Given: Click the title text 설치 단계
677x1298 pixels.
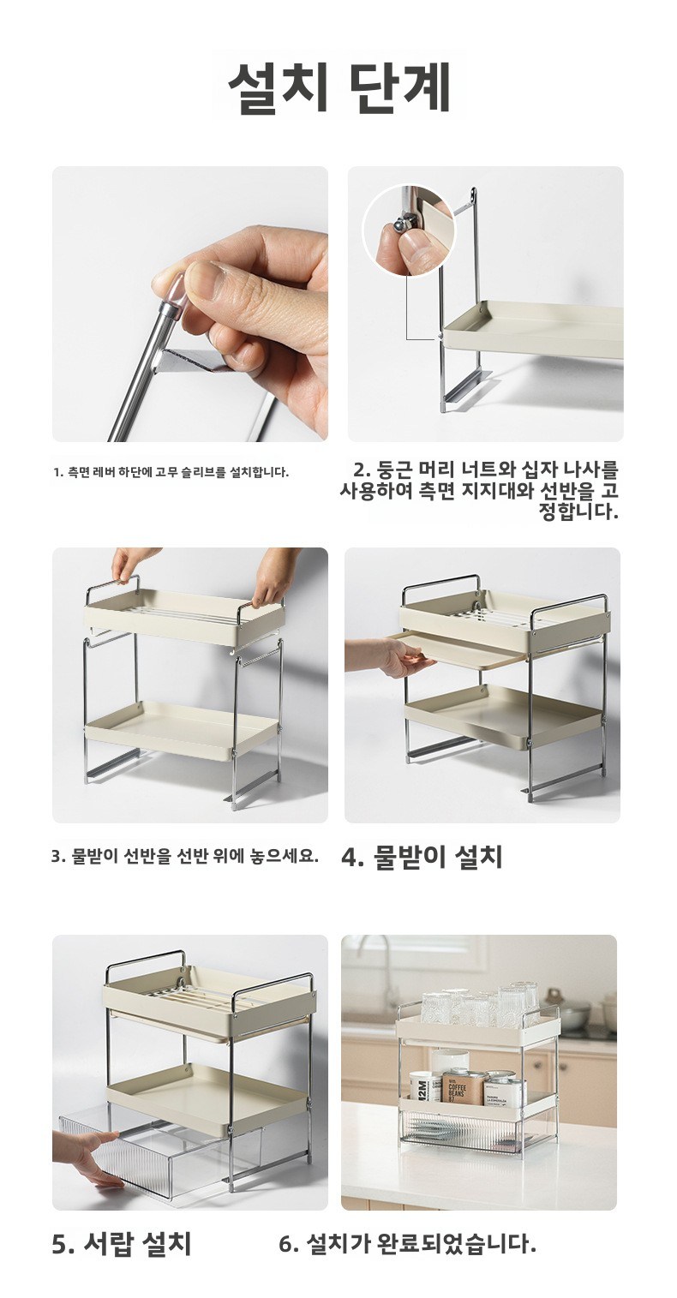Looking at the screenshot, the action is coord(339,86).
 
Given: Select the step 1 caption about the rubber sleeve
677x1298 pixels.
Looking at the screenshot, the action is coord(171,472).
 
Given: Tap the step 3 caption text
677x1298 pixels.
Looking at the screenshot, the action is coord(185,856).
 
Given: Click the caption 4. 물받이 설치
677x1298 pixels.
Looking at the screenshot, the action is coord(422,857).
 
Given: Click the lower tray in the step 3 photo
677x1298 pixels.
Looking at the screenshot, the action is coord(183,728).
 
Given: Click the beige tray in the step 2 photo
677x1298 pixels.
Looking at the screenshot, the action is coord(530,327).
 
